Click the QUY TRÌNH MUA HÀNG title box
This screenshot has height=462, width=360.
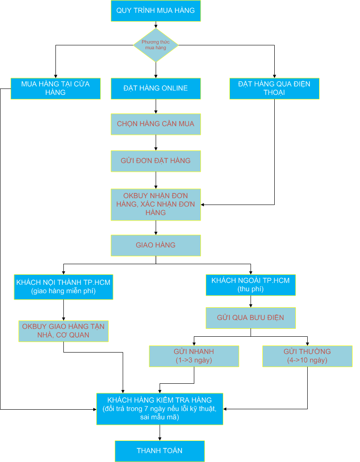pos(156,11)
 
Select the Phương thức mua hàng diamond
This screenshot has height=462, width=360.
pos(156,45)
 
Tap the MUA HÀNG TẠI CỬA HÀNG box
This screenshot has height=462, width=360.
pos(55,88)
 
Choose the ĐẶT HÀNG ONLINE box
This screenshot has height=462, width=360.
pos(156,88)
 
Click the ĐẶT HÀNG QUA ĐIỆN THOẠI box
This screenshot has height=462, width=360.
pos(274,88)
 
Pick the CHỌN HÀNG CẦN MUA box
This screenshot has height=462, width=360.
pos(156,124)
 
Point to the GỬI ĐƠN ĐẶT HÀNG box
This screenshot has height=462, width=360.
pos(156,161)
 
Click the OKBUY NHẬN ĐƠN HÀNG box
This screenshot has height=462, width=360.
pos(156,204)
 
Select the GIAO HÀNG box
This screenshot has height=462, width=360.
pos(156,245)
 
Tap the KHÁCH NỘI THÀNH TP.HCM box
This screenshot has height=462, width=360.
pos(63,287)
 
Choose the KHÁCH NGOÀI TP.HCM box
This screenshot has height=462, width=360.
pos(251,285)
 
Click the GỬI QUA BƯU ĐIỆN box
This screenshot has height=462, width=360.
pos(251,318)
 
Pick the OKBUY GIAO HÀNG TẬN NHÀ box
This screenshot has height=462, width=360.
pos(63,331)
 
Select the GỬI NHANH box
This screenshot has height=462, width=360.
pos(194,356)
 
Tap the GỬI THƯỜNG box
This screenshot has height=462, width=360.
pos(307,356)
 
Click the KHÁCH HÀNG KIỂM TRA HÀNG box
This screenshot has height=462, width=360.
pos(160,409)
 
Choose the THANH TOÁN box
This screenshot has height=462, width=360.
pos(160,451)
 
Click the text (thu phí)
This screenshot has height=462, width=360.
pos(251,289)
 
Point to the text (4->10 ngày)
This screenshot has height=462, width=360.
pos(307,360)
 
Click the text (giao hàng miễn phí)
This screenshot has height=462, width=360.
pos(63,291)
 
